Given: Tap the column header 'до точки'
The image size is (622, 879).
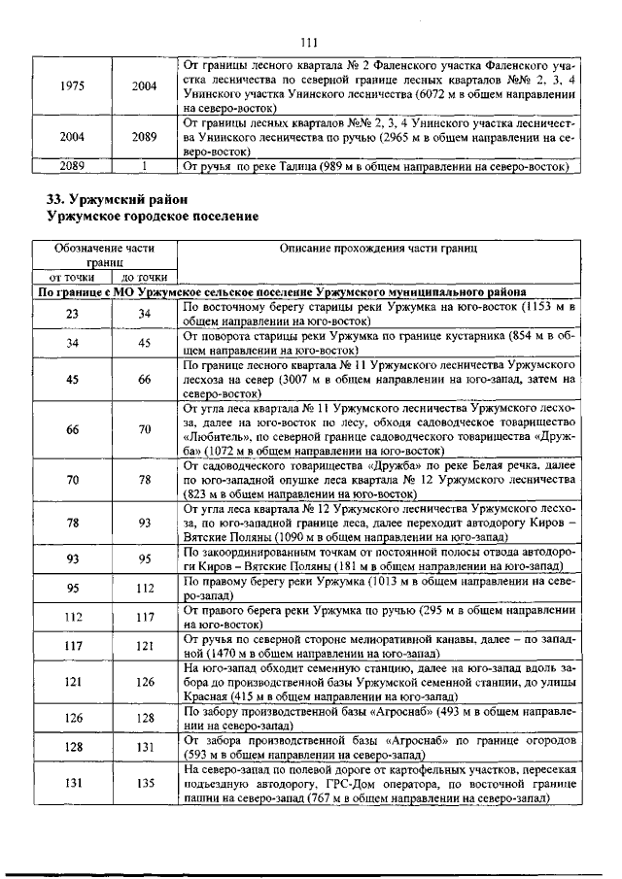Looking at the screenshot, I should pos(144,276).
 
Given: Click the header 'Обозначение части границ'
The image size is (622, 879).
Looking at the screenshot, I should pos(105,255).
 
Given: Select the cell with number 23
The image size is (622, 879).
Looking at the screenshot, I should pos(72,314).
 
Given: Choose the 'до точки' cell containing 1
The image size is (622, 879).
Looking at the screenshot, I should pos(144,165).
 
